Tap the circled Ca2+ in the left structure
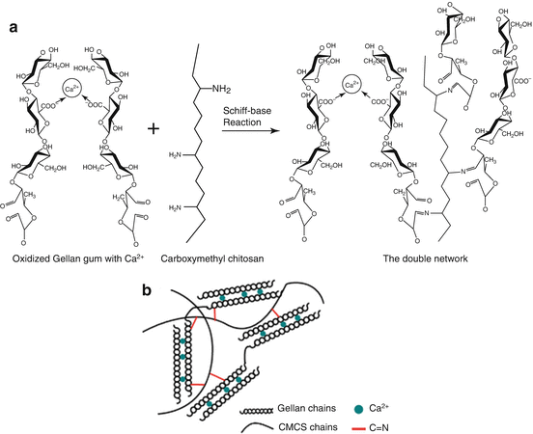(x=70, y=91)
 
